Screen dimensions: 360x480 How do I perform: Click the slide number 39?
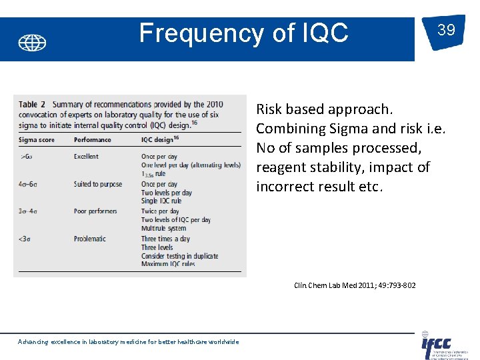point(447,30)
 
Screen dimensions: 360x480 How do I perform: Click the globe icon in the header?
point(32,43)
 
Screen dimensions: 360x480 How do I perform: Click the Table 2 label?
point(32,105)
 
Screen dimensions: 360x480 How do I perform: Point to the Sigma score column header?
point(37,140)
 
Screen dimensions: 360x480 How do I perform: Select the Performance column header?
point(93,140)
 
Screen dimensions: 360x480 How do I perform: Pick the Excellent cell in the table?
point(86,157)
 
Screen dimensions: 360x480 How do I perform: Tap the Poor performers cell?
point(95,211)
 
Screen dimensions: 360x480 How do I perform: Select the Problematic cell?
point(90,239)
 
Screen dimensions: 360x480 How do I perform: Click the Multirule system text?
point(164,229)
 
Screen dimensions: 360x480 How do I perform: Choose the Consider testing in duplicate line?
point(179,256)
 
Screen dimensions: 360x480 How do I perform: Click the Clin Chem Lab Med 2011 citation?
point(355,285)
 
